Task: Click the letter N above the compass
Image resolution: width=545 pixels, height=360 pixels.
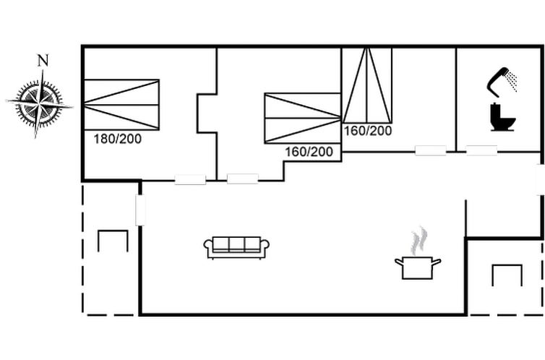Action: click(x=43, y=61)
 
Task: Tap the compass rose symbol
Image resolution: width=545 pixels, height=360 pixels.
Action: click(x=39, y=103)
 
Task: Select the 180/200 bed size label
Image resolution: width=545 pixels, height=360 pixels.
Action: click(x=118, y=139)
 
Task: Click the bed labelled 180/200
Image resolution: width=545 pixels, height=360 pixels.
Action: click(x=121, y=105)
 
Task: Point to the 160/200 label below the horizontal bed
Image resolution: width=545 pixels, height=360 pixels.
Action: click(x=309, y=152)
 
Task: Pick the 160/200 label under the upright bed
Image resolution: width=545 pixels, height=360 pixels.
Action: click(x=368, y=131)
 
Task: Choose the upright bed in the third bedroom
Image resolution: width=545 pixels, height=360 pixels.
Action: click(x=367, y=85)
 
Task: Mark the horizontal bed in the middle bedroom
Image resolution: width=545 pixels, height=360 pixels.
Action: click(x=302, y=118)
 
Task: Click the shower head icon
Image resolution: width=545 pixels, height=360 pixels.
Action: click(x=502, y=82)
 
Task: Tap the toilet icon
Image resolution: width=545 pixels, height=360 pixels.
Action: click(x=502, y=117)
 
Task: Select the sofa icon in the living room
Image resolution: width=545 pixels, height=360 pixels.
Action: click(x=236, y=248)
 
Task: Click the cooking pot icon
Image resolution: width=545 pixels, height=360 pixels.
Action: click(x=418, y=267)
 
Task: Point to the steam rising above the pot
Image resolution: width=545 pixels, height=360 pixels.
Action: click(x=419, y=241)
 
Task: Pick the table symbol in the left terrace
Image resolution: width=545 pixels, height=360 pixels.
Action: click(x=113, y=241)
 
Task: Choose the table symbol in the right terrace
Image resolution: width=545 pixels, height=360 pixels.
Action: click(x=507, y=275)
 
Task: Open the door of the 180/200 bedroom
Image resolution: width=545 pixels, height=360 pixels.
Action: click(x=190, y=179)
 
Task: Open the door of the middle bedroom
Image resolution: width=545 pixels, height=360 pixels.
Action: click(x=243, y=179)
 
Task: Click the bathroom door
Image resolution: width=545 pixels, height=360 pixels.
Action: click(x=481, y=150)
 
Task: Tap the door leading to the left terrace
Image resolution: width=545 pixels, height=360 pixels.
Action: click(x=140, y=210)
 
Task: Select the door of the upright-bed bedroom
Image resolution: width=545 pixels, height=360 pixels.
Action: click(x=431, y=150)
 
